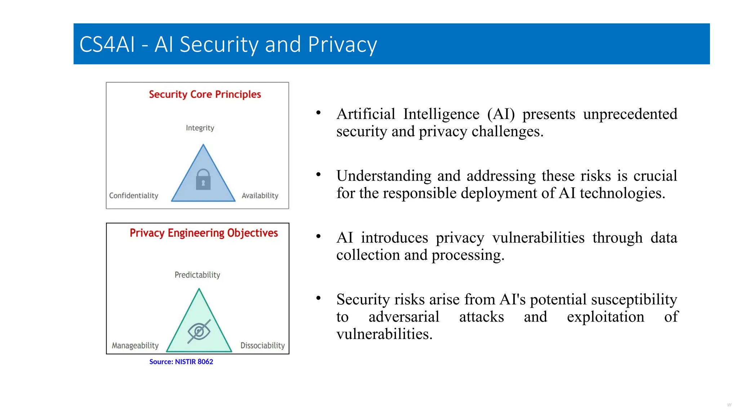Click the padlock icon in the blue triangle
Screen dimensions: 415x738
coord(203,179)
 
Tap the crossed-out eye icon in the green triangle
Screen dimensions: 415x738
coord(199,331)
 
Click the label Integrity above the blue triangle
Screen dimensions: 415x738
coord(200,128)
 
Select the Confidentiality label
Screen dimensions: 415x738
coord(134,196)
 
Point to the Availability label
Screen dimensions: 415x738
coord(260,196)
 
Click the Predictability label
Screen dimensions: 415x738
coord(197,275)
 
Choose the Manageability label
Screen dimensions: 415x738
coord(135,345)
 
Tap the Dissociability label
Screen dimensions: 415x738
coord(262,345)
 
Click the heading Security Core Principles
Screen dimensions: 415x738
coord(205,94)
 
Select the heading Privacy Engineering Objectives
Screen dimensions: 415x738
coord(204,233)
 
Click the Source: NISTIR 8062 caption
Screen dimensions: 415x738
coord(181,362)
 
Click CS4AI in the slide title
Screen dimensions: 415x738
coord(107,45)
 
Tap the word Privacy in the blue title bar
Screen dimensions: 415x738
coord(342,45)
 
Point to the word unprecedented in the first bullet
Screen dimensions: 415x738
coord(630,114)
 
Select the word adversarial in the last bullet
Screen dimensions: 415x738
coord(404,317)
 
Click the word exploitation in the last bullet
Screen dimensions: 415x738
coord(605,317)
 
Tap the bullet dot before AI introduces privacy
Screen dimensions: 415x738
coord(318,237)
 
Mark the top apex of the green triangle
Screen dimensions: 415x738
coord(199,289)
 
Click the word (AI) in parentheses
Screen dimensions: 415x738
coord(501,114)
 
